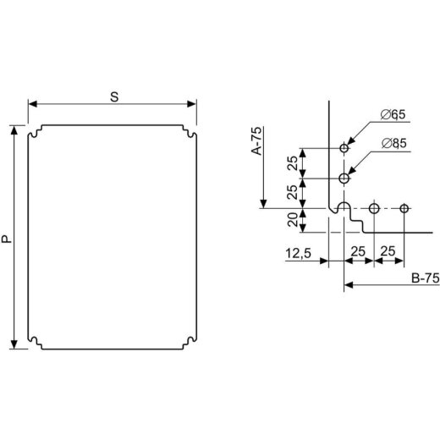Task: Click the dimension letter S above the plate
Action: [x=113, y=96]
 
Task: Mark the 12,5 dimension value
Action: [x=298, y=252]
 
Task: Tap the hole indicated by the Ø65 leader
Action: [x=344, y=149]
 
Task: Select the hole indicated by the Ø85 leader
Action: [x=344, y=179]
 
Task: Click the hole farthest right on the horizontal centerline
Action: [x=404, y=208]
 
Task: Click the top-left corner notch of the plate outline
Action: [x=36, y=134]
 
